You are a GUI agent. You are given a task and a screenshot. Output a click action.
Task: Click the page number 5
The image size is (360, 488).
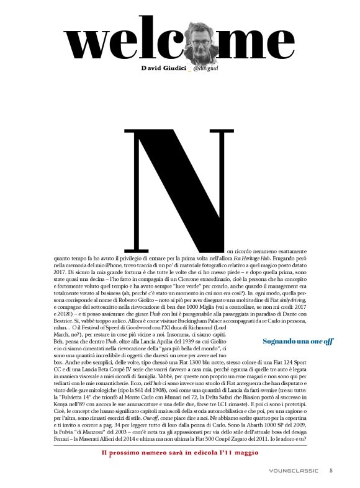[331, 470]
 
